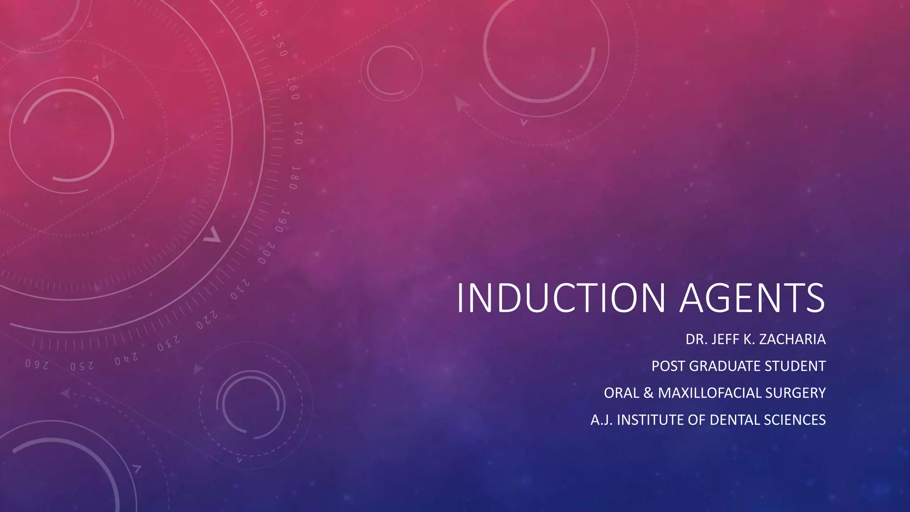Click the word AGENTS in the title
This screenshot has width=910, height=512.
[x=752, y=297]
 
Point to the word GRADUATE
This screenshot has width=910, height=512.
[x=726, y=366]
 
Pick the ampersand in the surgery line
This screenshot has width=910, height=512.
[x=648, y=393]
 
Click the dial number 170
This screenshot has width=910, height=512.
[x=298, y=132]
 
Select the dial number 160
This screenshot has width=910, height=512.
[x=293, y=88]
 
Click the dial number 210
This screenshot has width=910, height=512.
[x=240, y=290]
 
